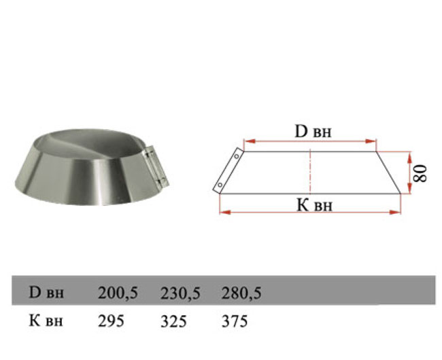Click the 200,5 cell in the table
[x=118, y=293]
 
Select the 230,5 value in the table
[x=180, y=293]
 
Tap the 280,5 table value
[x=241, y=293]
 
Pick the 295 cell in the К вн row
[x=111, y=321]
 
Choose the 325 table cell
[x=173, y=321]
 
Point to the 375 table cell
[x=235, y=321]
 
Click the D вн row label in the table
[x=46, y=293]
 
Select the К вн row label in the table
[x=46, y=321]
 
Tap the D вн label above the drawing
[x=313, y=132]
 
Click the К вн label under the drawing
[x=315, y=205]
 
